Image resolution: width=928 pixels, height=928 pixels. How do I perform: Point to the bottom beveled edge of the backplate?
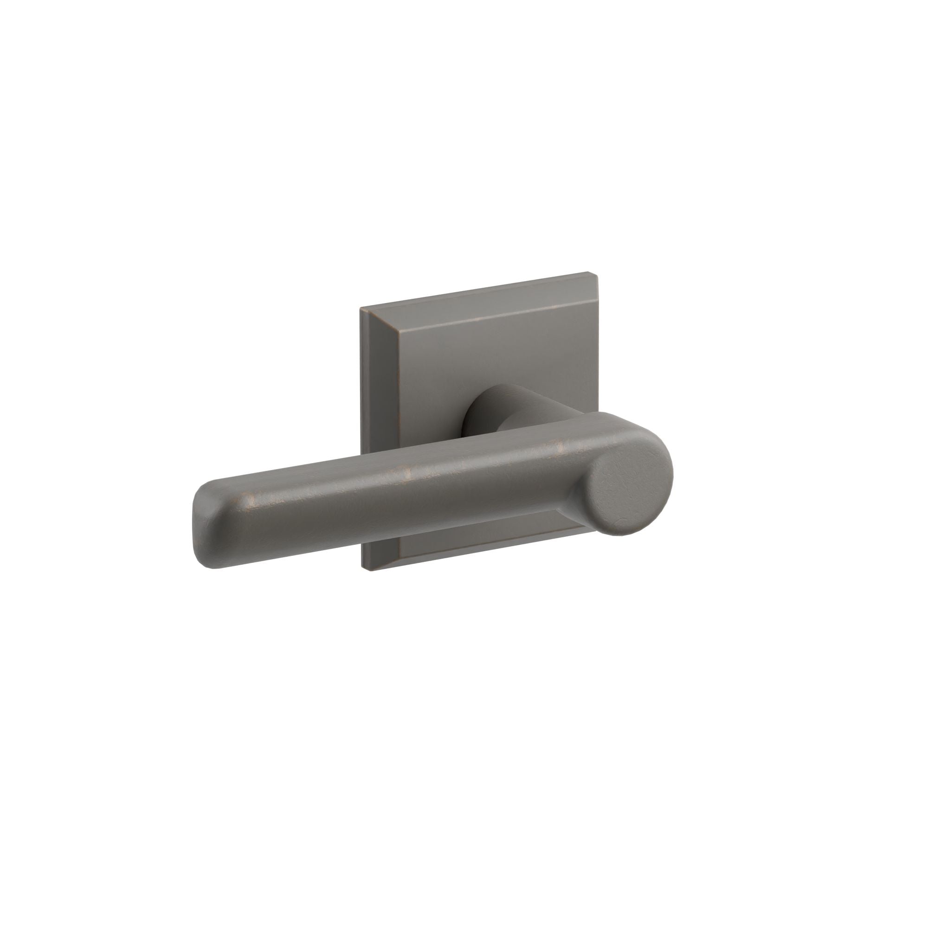pyautogui.click(x=480, y=552)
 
